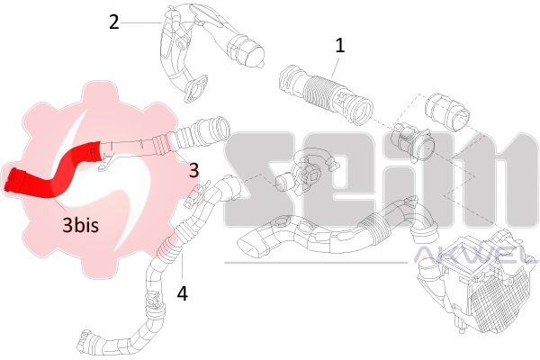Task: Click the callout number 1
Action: click(x=339, y=46)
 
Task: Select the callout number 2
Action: click(x=114, y=22)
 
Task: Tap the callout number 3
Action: click(x=193, y=170)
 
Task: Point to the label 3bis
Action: click(x=81, y=225)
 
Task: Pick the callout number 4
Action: click(x=182, y=294)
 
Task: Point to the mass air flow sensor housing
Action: click(x=412, y=144)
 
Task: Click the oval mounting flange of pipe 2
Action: click(x=195, y=89)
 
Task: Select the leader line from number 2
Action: click(x=141, y=22)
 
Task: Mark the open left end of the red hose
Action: click(x=12, y=180)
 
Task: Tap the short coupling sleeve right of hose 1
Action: click(x=446, y=111)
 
